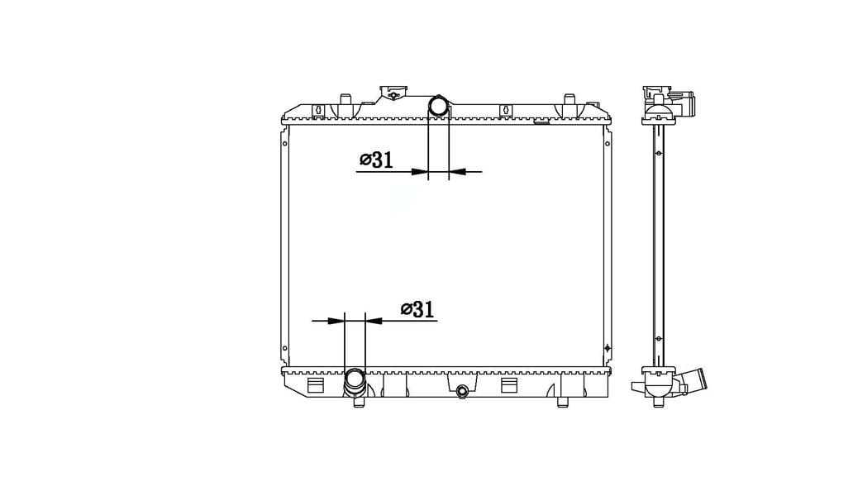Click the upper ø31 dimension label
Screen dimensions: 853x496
[x=376, y=160]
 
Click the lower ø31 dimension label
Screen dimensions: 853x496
[x=417, y=309]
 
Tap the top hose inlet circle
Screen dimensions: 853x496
[x=438, y=105]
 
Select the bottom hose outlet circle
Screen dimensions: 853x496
[x=355, y=378]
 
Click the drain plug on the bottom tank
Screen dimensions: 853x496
[x=462, y=391]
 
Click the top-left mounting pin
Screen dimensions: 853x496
[x=345, y=99]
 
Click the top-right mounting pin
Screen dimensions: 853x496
[x=569, y=99]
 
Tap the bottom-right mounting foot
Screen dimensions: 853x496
[x=563, y=403]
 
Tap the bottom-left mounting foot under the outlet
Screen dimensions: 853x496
[x=359, y=403]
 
